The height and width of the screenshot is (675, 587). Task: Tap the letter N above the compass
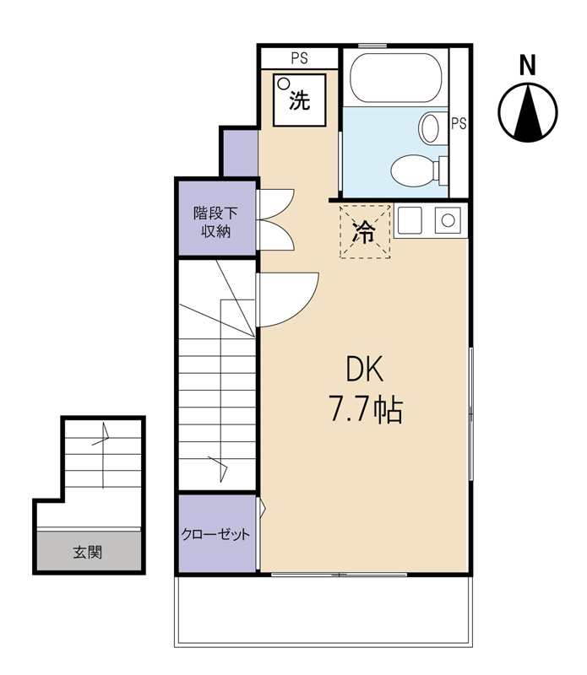[527, 64]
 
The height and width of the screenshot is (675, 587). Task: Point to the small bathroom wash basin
[430, 128]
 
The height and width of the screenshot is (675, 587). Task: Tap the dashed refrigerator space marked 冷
[365, 232]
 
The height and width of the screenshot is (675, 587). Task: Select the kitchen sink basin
[447, 222]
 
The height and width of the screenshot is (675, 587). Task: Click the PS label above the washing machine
[299, 58]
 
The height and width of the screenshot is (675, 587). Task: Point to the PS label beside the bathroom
[459, 124]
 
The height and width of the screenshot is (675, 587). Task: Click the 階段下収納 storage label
[215, 222]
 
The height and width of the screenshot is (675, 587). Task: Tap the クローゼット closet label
[215, 535]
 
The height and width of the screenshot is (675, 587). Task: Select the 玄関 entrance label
[87, 553]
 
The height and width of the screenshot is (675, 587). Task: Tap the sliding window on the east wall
[470, 413]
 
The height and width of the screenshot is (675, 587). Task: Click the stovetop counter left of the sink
[411, 222]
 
